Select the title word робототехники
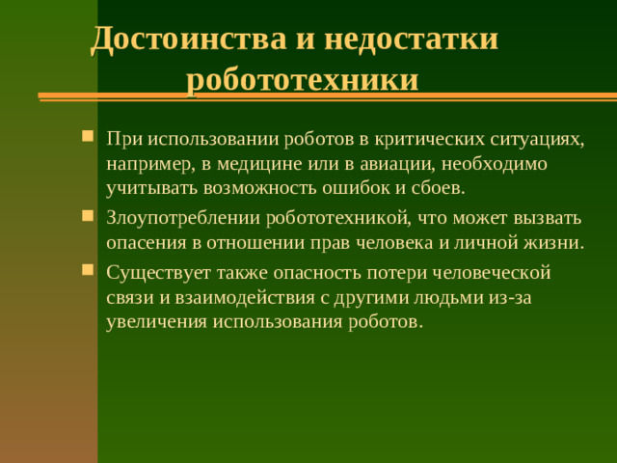click(x=303, y=78)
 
